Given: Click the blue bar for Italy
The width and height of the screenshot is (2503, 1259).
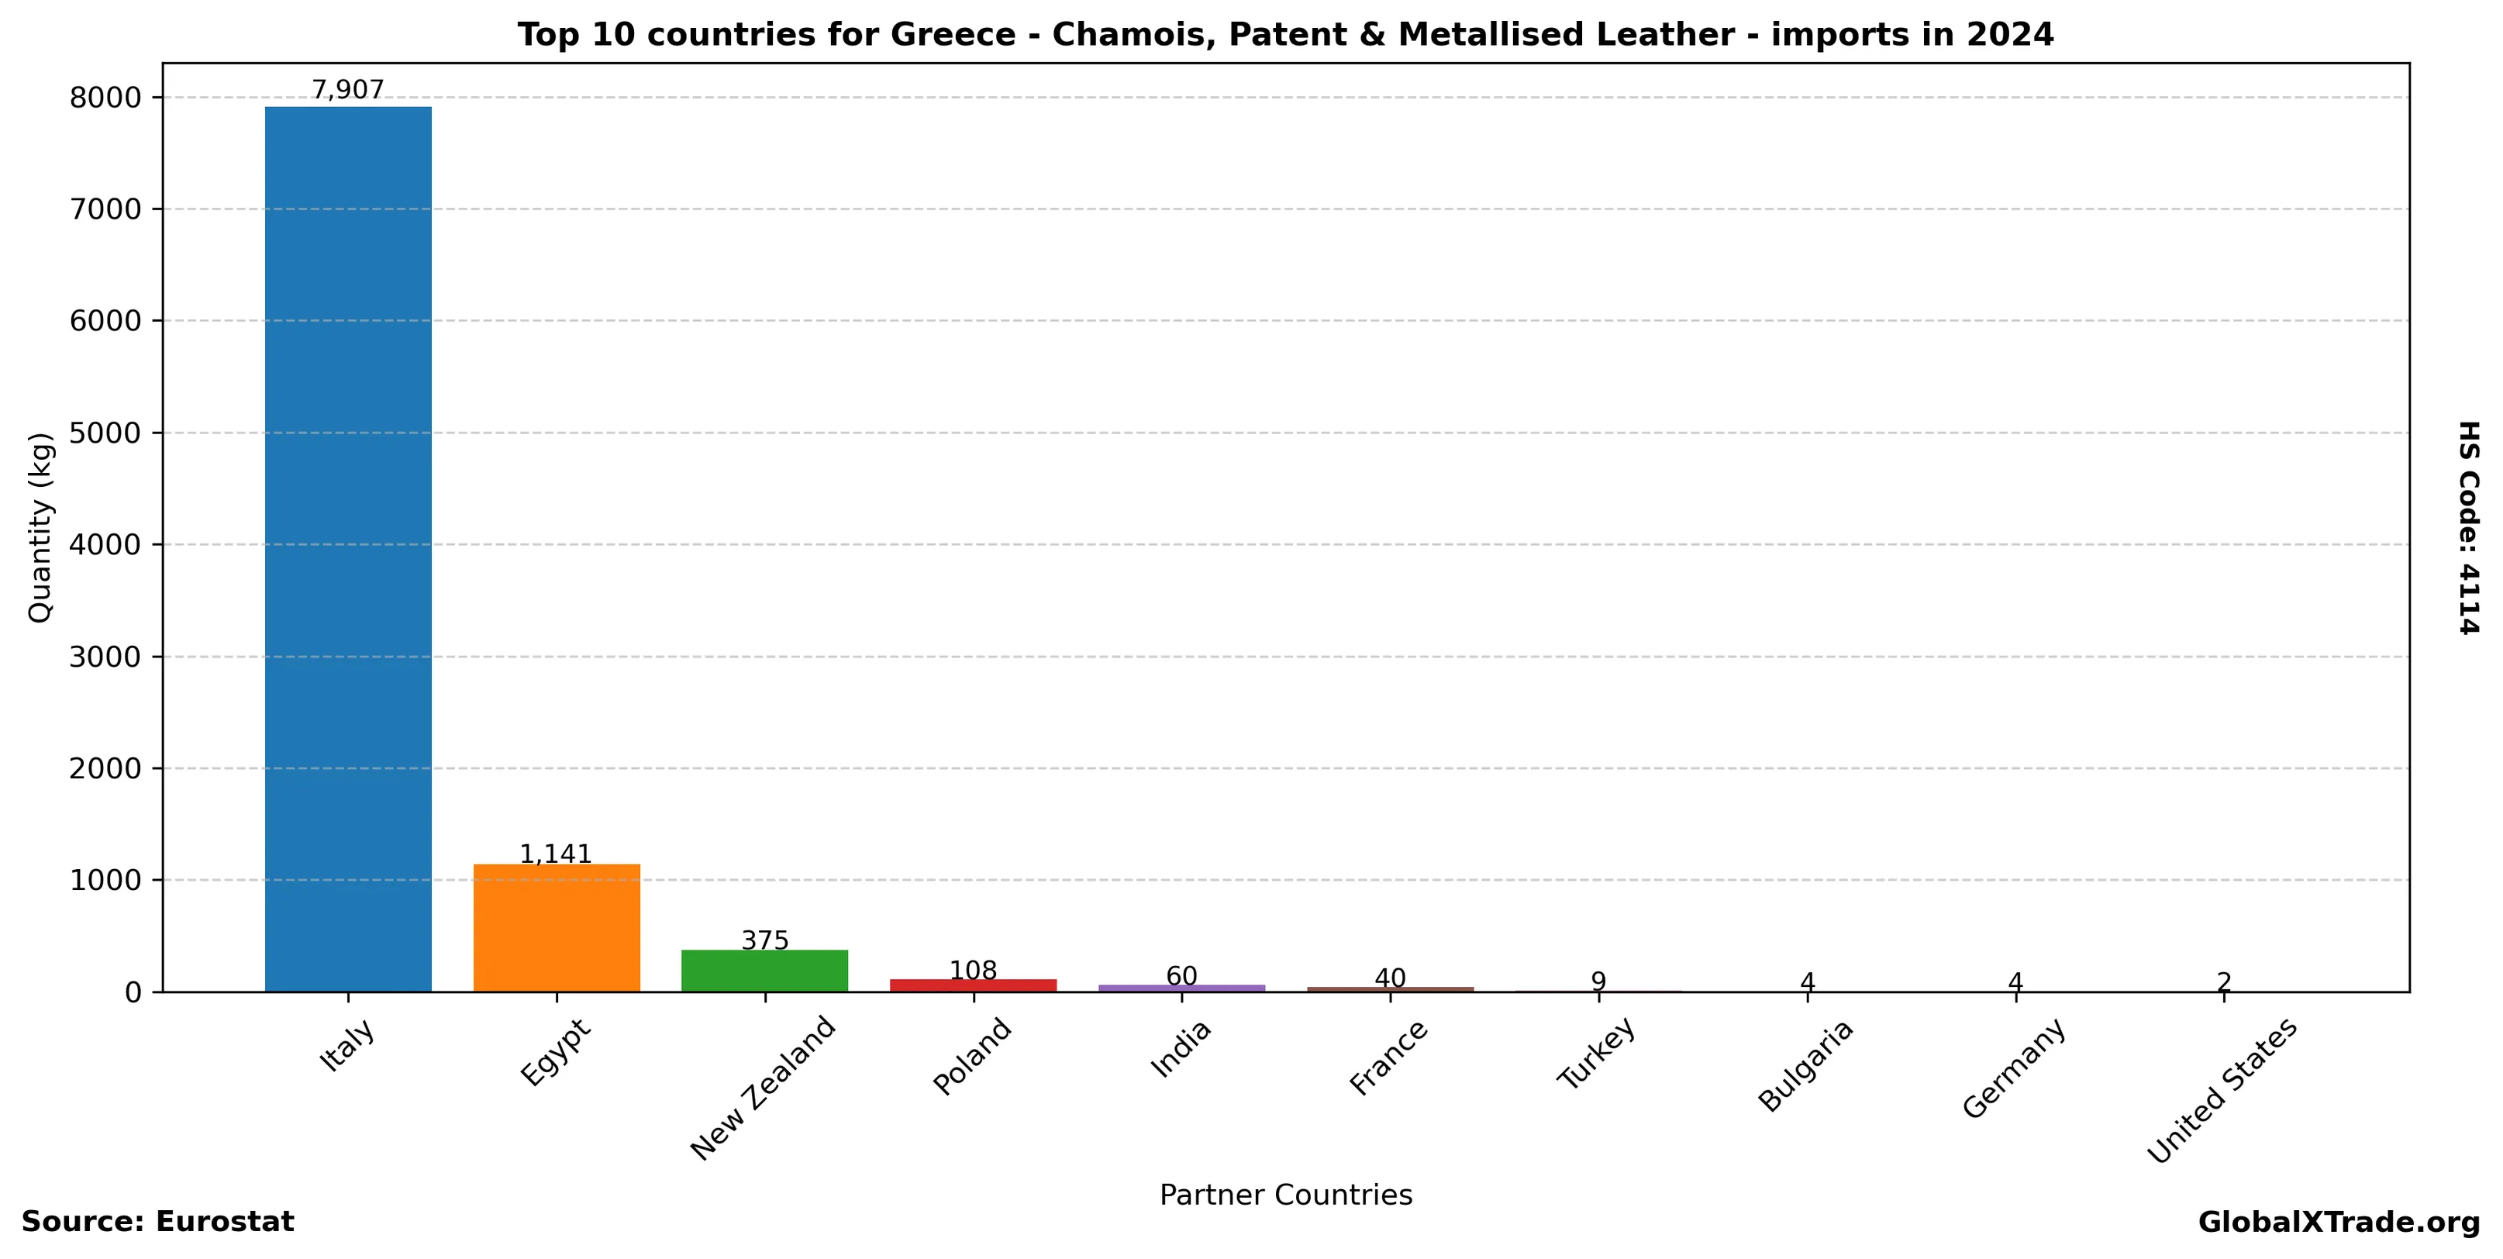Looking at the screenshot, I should pyautogui.click(x=348, y=549).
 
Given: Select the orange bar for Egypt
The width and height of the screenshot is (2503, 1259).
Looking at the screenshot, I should pyautogui.click(x=557, y=928).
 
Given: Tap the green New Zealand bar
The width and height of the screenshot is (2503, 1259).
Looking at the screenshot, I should pyautogui.click(x=764, y=971).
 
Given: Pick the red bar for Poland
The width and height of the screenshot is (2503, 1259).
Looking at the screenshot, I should pyautogui.click(x=973, y=985).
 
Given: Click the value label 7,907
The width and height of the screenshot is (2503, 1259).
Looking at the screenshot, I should pyautogui.click(x=348, y=91).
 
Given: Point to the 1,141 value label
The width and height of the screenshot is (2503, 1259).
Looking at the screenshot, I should pyautogui.click(x=556, y=854).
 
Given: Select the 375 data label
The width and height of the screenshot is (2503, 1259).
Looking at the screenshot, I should pyautogui.click(x=764, y=940).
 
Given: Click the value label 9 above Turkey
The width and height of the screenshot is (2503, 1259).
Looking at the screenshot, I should pyautogui.click(x=1598, y=981).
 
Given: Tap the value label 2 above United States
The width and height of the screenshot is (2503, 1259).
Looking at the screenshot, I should pyautogui.click(x=2224, y=983).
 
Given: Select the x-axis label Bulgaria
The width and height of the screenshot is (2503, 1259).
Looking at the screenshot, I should pyautogui.click(x=1805, y=1066).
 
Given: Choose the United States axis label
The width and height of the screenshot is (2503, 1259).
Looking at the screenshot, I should pyautogui.click(x=2221, y=1091).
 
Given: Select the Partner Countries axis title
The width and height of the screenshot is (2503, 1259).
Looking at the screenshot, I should pyautogui.click(x=1285, y=1195).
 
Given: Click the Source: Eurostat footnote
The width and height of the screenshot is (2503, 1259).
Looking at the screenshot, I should pyautogui.click(x=157, y=1222).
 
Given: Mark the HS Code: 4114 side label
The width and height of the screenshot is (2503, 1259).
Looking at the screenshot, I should pyautogui.click(x=2468, y=527).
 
